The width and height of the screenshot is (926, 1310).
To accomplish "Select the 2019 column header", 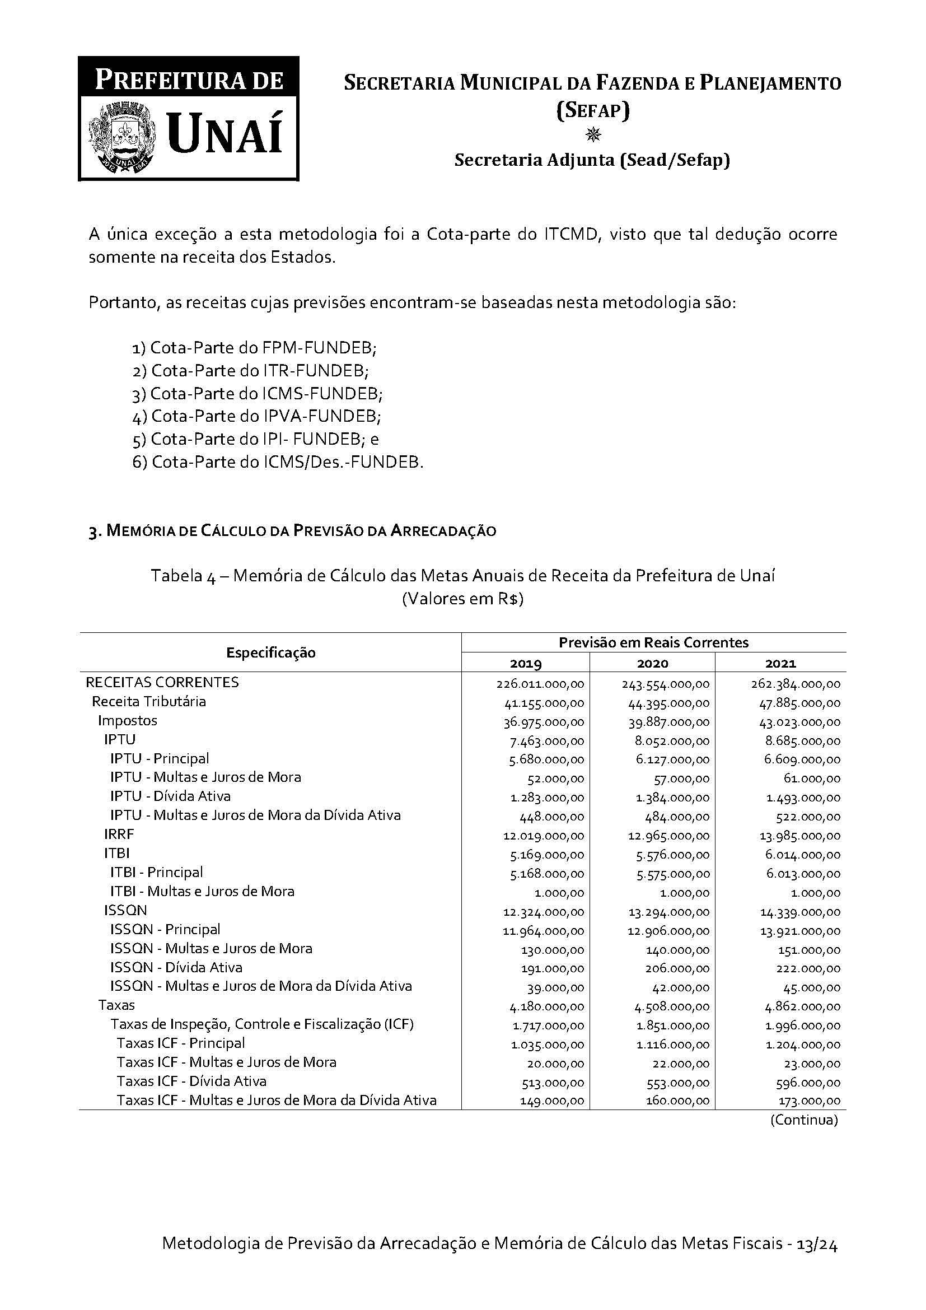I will point(525,663).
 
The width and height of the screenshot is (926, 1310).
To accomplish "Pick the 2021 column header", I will point(780,663).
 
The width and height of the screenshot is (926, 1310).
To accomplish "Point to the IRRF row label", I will point(119,834).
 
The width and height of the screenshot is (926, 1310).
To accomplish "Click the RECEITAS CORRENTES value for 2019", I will point(540,683).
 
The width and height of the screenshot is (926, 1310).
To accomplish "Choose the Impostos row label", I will point(127,721).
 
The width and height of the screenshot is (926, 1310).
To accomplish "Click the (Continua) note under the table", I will point(803,1120).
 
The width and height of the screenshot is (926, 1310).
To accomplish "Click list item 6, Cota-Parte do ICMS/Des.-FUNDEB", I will point(278,461).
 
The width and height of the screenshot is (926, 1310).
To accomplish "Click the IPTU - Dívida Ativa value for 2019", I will point(551,798).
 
